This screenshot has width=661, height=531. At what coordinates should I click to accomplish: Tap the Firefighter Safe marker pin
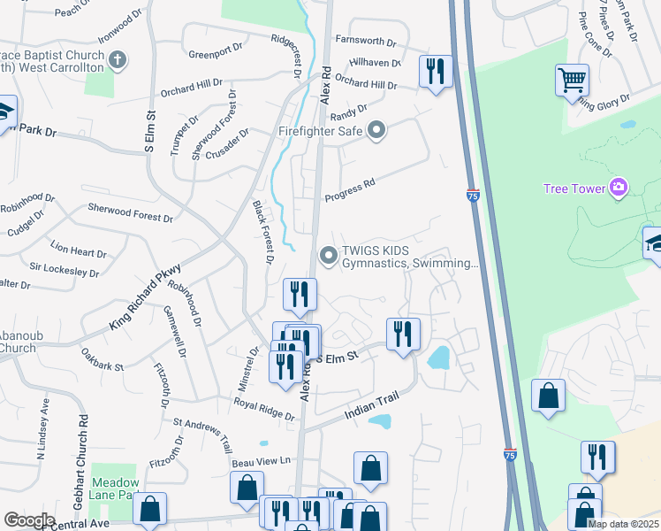(377, 132)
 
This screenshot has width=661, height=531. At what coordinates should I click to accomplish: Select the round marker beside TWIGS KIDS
(329, 257)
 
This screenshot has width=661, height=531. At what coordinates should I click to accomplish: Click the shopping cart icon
(572, 81)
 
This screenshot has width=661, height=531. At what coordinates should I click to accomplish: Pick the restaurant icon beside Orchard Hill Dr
(435, 71)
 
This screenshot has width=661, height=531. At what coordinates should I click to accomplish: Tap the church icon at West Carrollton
(118, 60)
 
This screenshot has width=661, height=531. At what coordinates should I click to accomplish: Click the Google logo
(29, 520)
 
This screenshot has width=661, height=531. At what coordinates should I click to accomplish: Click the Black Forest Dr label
(262, 232)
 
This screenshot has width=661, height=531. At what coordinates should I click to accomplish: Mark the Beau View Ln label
(261, 461)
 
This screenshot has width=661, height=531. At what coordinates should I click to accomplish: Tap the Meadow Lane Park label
(117, 489)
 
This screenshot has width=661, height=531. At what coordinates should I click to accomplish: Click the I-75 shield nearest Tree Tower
(473, 196)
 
